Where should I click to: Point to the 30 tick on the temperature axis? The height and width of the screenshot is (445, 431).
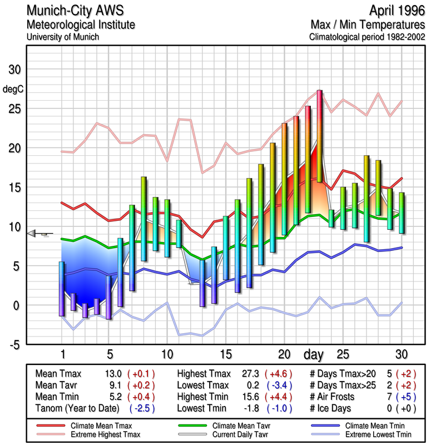point(13,70)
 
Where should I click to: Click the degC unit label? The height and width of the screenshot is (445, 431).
point(12,88)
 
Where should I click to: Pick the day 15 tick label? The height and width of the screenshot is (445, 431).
point(225,354)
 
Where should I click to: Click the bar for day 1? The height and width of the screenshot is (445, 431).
point(62,289)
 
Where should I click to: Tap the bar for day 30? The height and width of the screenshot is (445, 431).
point(402,212)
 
